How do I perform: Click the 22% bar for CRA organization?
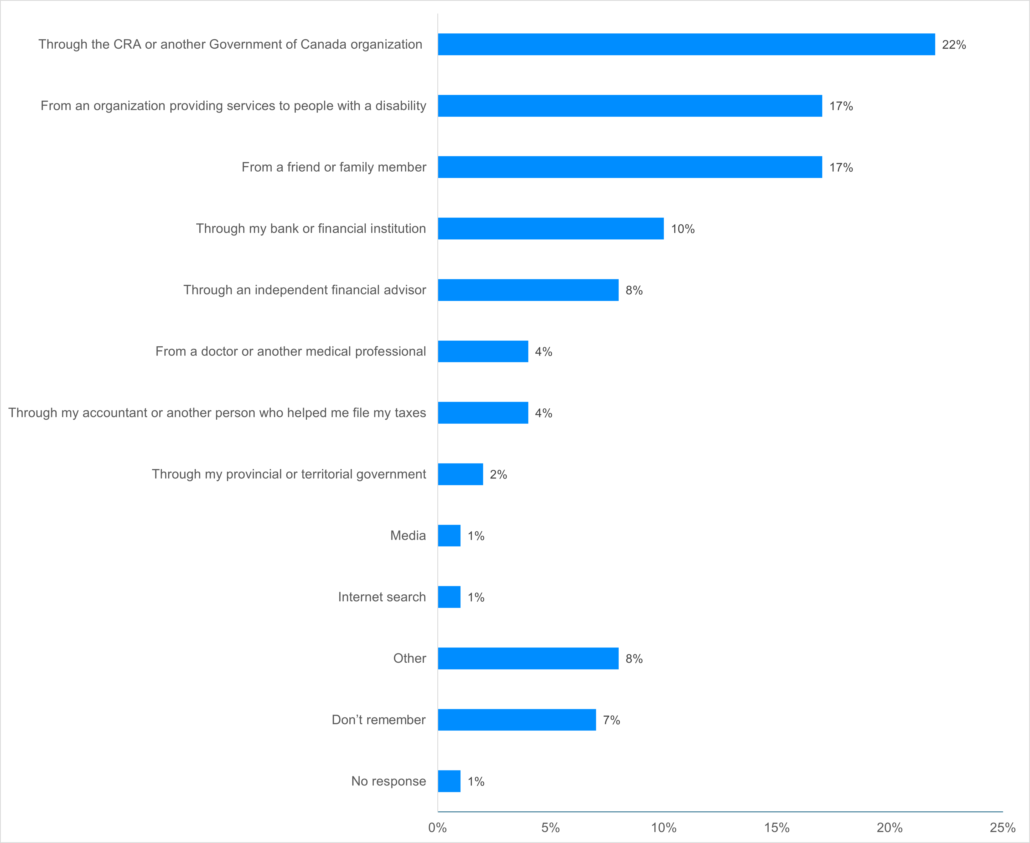click(x=686, y=44)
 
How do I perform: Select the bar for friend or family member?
click(x=630, y=167)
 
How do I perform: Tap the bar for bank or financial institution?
click(x=550, y=228)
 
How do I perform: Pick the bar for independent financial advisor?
click(x=528, y=290)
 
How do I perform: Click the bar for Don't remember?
click(x=516, y=720)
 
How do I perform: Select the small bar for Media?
click(x=449, y=536)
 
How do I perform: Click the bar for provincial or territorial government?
click(x=460, y=474)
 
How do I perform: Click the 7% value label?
click(x=611, y=720)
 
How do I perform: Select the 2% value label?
click(x=498, y=474)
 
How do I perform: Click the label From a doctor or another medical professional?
click(x=290, y=351)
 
